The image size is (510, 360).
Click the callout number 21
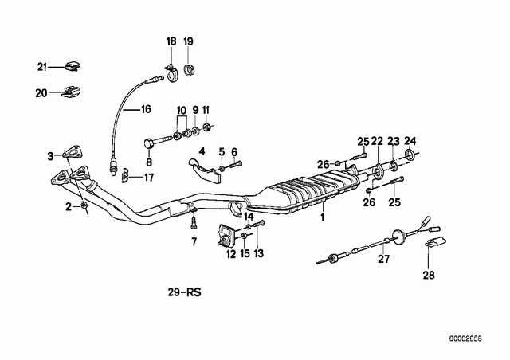42,68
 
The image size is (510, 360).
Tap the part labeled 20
71,92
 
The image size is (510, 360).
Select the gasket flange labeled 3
73,152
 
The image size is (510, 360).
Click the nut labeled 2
84,205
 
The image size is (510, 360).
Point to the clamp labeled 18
171,74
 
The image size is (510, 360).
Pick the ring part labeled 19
189,70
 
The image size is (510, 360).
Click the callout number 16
146,109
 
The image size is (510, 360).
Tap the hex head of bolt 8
149,143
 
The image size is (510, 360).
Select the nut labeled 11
206,126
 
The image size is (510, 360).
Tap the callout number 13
258,253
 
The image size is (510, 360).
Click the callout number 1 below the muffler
322,217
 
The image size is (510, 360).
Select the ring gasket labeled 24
409,154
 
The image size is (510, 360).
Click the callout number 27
384,259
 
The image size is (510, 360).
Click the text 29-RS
184,292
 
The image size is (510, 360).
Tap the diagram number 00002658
465,338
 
